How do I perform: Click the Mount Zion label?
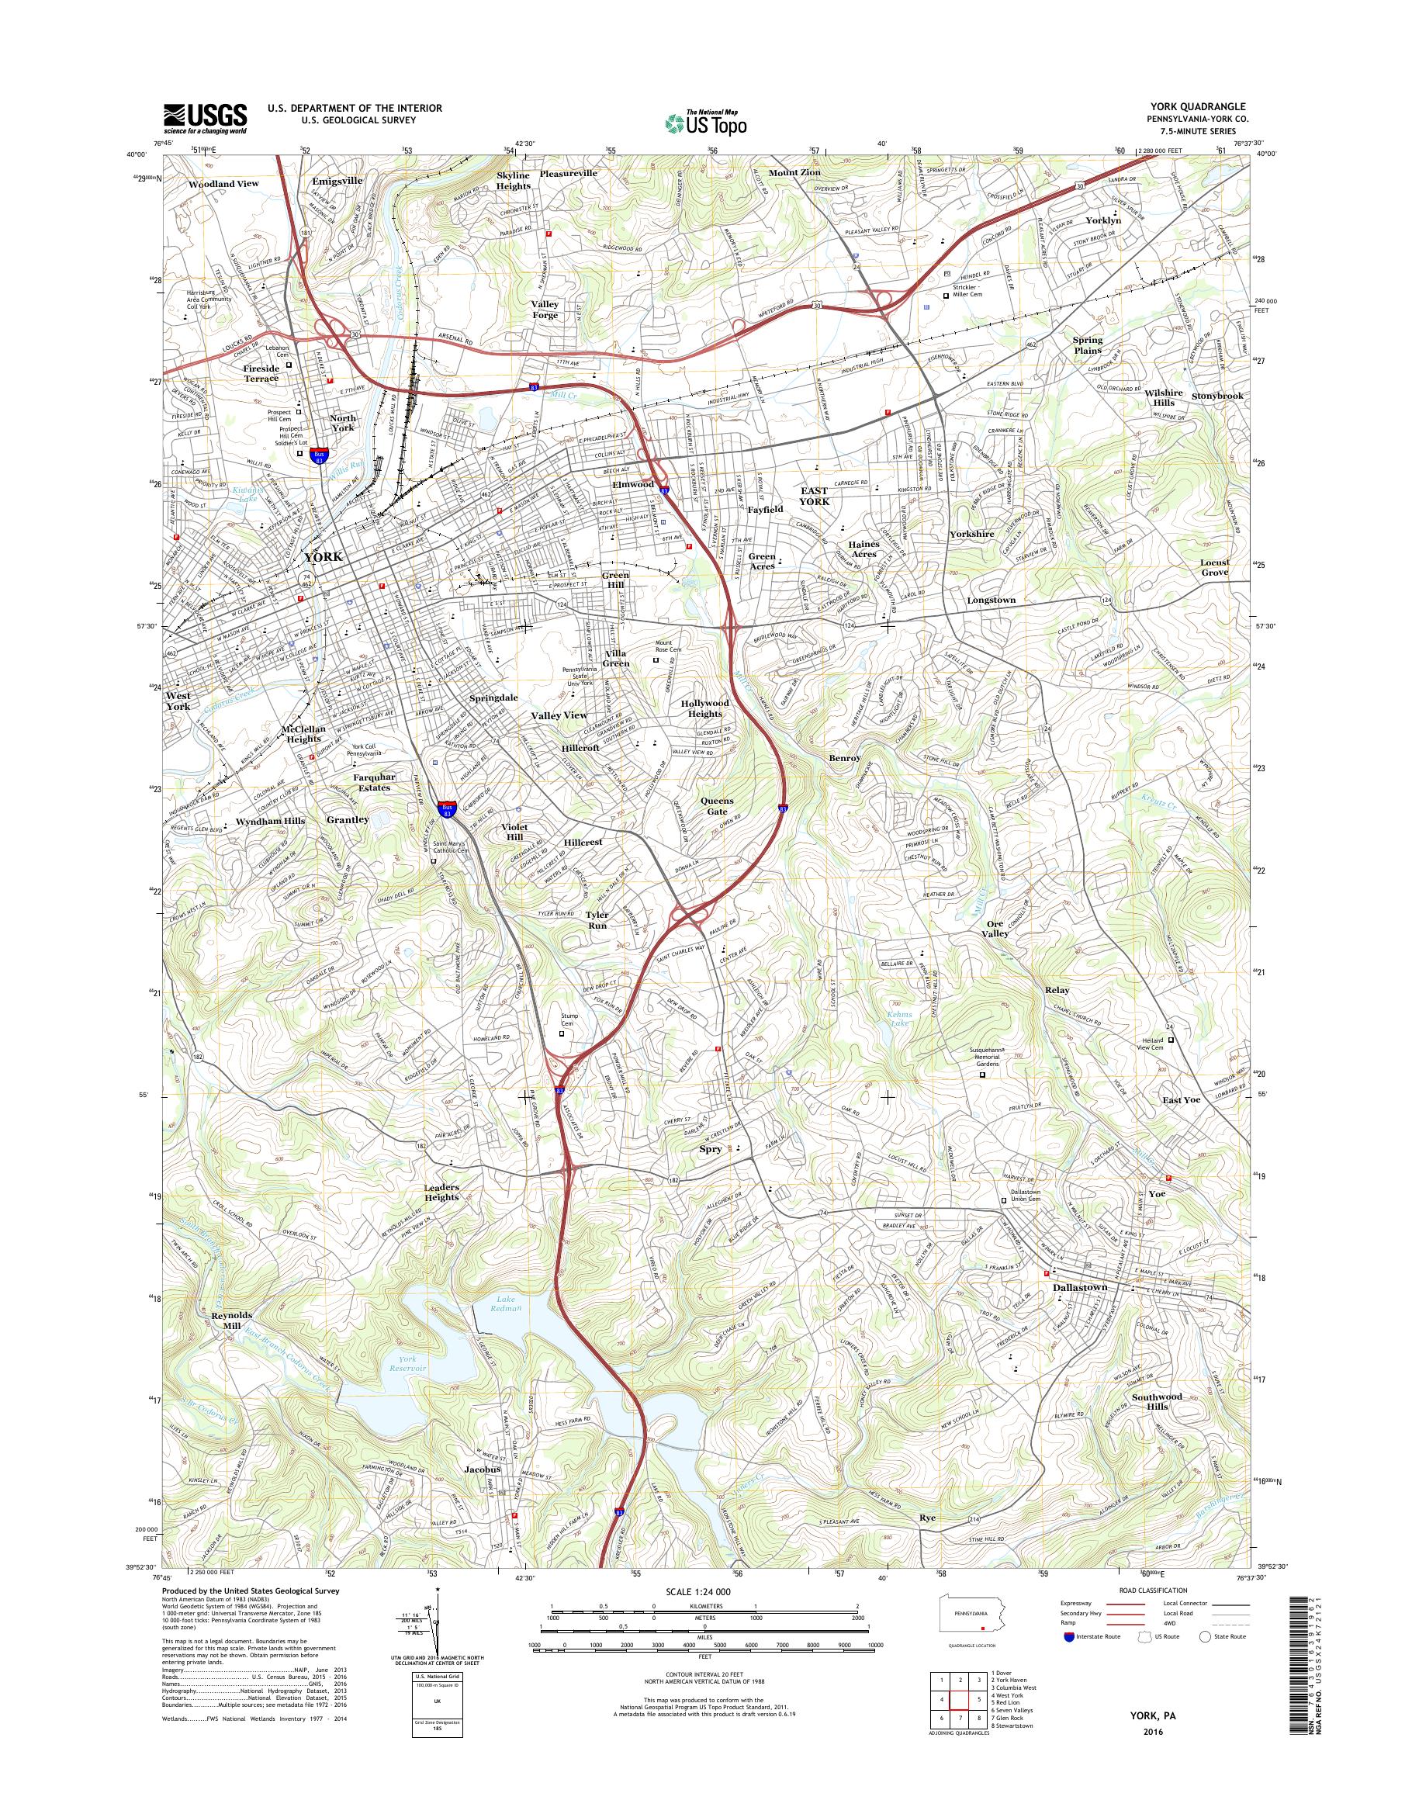pos(794,173)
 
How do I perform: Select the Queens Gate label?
pos(717,806)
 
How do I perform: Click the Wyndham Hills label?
pos(270,821)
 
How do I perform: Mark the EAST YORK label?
pos(814,496)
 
